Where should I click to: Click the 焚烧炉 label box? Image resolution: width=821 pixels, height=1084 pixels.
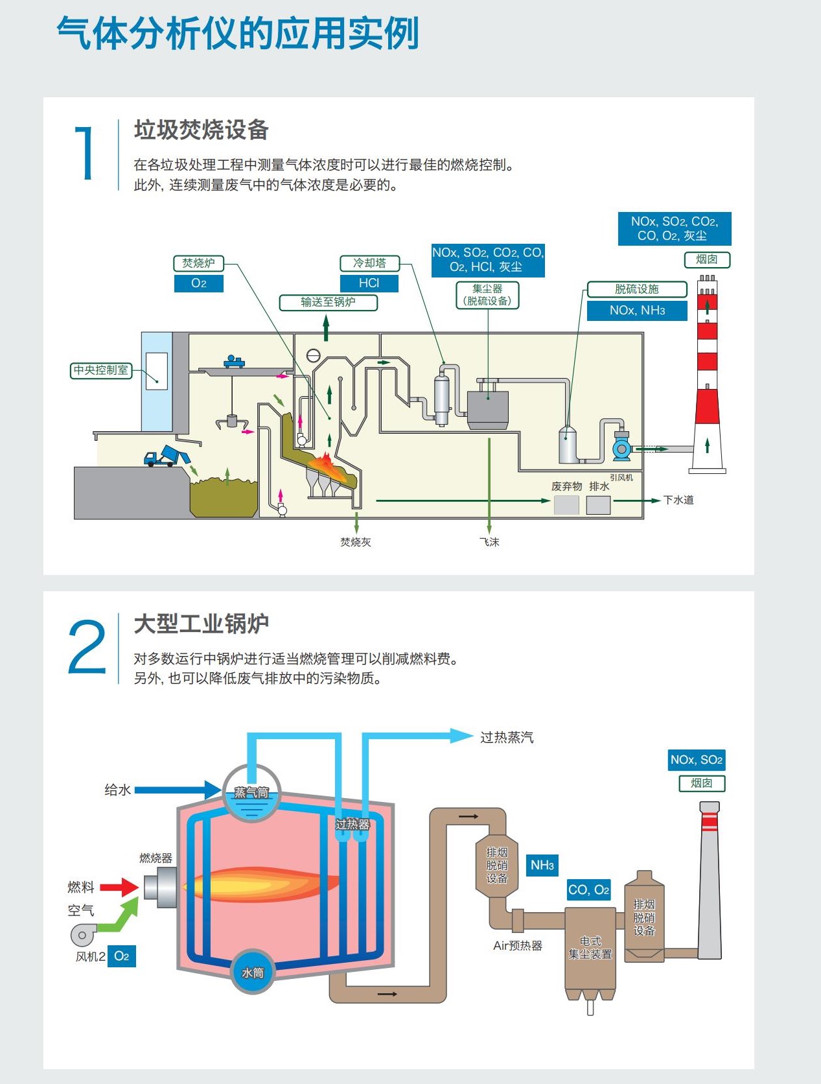(x=198, y=263)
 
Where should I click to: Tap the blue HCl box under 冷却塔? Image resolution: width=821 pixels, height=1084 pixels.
(x=369, y=283)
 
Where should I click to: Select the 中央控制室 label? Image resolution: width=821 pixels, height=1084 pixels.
(x=101, y=370)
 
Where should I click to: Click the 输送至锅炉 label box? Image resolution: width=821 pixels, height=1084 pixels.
(x=328, y=302)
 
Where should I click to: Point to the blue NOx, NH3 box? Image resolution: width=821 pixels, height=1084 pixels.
(x=637, y=311)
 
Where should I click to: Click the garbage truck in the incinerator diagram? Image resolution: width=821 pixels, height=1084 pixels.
(x=167, y=456)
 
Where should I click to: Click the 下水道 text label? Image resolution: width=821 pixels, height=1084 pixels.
(x=678, y=500)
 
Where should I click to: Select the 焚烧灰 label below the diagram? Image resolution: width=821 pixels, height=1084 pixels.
(x=356, y=542)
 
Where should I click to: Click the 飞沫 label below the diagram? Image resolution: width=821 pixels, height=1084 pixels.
(x=489, y=542)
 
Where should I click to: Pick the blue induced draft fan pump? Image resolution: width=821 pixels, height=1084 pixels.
(x=621, y=447)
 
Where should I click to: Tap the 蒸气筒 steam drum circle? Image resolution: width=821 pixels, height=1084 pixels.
(x=251, y=793)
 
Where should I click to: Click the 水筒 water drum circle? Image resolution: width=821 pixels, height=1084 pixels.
(x=253, y=972)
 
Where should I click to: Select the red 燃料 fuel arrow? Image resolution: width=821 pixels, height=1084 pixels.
(x=120, y=887)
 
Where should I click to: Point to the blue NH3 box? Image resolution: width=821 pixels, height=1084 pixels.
(x=542, y=865)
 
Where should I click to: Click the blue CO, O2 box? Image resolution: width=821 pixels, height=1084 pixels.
(x=588, y=890)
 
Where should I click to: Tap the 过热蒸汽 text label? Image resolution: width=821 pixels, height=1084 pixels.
(x=507, y=737)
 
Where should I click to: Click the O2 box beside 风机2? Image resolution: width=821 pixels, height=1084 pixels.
(x=121, y=956)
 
